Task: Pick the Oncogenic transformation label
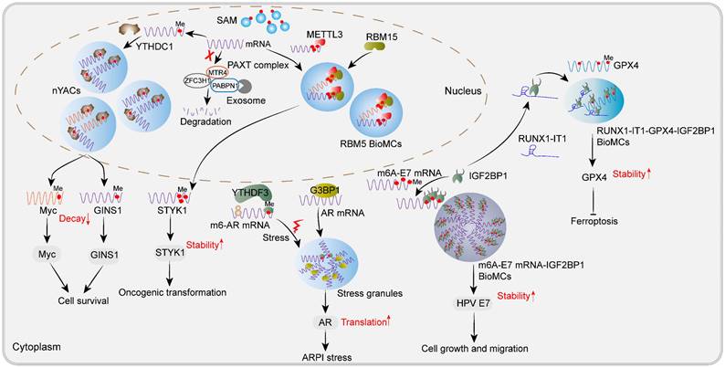[171, 291]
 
